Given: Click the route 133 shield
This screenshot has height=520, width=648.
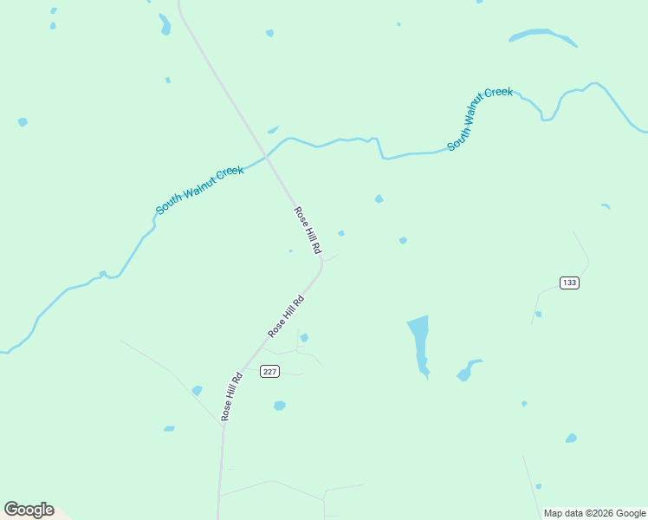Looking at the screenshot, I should [569, 283].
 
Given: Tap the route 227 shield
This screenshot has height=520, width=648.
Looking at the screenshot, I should [270, 372].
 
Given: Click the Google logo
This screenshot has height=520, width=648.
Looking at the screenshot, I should [29, 510].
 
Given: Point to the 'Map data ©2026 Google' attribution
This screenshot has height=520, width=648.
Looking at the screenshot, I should [595, 513].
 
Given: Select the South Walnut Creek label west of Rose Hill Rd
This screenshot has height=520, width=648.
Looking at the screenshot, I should [200, 191].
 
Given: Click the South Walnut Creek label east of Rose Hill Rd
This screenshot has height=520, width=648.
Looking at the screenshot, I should [480, 119].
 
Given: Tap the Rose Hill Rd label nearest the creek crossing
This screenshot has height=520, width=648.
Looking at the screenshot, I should [308, 231].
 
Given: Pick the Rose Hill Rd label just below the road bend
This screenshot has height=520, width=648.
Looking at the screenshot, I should [286, 317].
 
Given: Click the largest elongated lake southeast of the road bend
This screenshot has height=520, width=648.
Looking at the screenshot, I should [419, 342].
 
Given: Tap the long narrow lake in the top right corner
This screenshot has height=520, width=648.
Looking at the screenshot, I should [542, 36].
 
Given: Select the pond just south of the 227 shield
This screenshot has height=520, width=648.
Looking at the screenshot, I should [279, 406].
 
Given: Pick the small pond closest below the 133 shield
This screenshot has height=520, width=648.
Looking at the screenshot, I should [538, 314].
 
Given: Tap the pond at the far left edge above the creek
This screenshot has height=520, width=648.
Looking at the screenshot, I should [23, 122].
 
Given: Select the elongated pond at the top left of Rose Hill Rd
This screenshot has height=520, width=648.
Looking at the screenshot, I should [165, 23].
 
